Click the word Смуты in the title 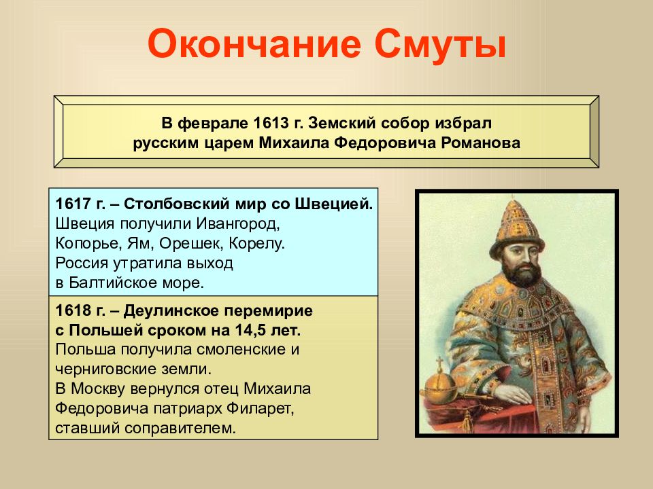439,44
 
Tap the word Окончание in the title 254,44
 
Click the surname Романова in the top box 480,143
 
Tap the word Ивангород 238,223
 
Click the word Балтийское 111,283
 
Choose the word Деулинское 171,310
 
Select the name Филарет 261,408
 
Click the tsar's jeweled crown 517,229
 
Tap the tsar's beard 522,274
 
